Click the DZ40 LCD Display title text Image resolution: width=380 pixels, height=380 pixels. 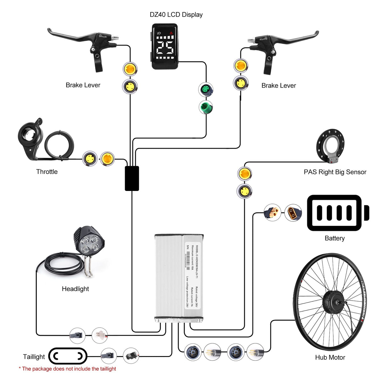pyautogui.click(x=176, y=15)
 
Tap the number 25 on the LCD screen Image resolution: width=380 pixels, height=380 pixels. pyautogui.click(x=164, y=48)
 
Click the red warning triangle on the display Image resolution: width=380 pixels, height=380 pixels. pyautogui.click(x=171, y=33)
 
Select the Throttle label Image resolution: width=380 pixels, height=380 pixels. pyautogui.click(x=47, y=172)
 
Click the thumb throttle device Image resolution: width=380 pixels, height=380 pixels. pyautogui.click(x=30, y=139)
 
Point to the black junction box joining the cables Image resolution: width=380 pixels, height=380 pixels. pyautogui.click(x=132, y=178)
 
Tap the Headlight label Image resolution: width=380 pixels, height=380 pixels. pyautogui.click(x=75, y=289)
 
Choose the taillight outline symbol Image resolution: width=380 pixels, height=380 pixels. pyautogui.click(x=68, y=356)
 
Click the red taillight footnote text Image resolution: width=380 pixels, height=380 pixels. pyautogui.click(x=67, y=369)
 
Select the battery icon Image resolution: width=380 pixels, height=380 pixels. pyautogui.click(x=337, y=213)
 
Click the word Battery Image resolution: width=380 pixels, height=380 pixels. pyautogui.click(x=335, y=238)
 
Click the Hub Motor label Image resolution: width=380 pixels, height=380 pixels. pyautogui.click(x=330, y=357)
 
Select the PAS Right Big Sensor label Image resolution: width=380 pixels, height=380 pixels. pyautogui.click(x=335, y=172)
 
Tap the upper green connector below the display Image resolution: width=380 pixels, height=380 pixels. pyautogui.click(x=206, y=90)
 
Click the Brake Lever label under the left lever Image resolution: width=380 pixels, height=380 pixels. pyautogui.click(x=83, y=85)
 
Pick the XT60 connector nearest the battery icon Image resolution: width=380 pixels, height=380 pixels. pyautogui.click(x=293, y=213)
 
